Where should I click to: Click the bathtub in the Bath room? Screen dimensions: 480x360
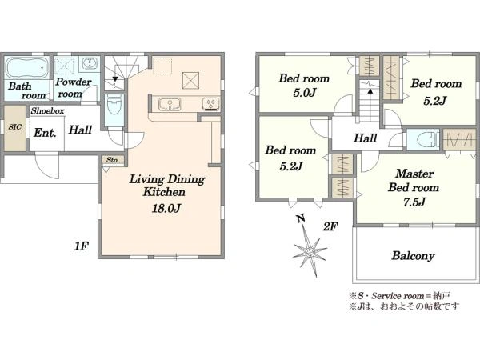tap(27, 67)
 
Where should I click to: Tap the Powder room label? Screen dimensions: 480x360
tap(73, 87)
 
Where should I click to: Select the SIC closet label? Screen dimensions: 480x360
tap(14, 126)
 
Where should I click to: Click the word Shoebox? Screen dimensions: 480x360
tap(47, 110)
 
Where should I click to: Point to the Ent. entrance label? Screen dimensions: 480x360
tap(45, 133)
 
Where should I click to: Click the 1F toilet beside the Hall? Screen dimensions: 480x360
tap(114, 105)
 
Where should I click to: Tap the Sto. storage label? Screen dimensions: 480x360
tap(113, 160)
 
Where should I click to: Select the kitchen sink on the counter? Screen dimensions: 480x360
tap(170, 104)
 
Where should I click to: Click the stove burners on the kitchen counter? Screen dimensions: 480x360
tap(211, 103)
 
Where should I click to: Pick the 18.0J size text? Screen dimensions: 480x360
tap(166, 209)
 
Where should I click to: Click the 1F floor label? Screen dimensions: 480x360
tap(81, 246)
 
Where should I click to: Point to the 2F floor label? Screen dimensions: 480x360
tap(330, 227)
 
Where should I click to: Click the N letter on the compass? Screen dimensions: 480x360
tap(301, 219)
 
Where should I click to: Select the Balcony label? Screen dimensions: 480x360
tap(413, 256)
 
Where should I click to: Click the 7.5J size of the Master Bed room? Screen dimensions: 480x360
tap(414, 202)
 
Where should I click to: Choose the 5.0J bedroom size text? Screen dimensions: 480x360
tap(304, 93)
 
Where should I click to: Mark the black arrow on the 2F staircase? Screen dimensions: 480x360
tap(370, 90)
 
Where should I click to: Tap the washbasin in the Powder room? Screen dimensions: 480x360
tap(90, 63)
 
